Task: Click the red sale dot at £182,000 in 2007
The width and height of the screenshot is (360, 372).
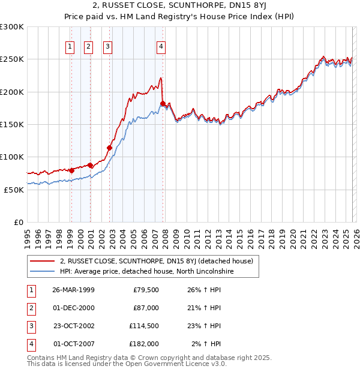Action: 163,104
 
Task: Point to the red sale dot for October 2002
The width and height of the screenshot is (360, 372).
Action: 110,148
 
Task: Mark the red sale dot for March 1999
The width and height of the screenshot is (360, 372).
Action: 71,170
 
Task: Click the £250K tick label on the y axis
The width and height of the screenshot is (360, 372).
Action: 12,59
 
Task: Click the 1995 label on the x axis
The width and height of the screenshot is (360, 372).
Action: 28,236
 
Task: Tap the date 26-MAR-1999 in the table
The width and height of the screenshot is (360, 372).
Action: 73,290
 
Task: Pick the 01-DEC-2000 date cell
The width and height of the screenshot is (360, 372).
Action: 73,308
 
